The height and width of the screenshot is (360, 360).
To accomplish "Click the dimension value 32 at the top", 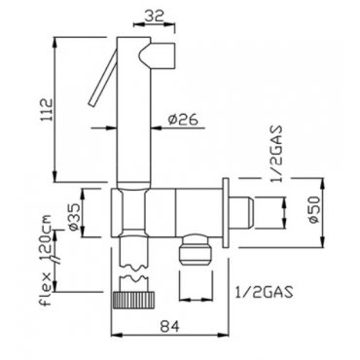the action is coord(154,16).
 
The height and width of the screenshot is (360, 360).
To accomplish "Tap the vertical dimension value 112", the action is coord(48,110).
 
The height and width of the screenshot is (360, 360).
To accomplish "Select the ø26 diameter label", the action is coord(183,120).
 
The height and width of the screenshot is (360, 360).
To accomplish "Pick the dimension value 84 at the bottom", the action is coord(169,326).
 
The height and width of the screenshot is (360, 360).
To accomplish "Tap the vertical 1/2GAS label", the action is coord(276,155).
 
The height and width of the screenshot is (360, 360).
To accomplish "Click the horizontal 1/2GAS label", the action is coord(264,292).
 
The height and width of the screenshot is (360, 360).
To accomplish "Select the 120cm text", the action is coord(48,236).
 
